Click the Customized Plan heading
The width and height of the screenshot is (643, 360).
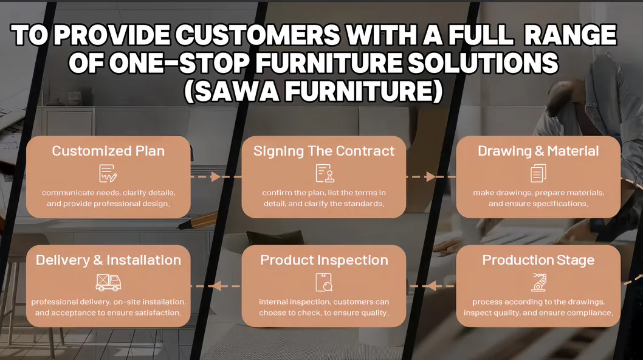point(108,151)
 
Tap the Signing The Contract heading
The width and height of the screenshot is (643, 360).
point(324,151)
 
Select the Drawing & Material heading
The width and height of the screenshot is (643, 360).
point(538,151)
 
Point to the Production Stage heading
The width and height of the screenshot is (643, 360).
point(538,260)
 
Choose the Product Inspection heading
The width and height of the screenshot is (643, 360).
point(324,260)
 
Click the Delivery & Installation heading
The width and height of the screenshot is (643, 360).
point(108,260)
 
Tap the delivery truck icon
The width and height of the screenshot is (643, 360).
point(108,282)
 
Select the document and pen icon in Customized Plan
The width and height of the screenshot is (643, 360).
point(108,173)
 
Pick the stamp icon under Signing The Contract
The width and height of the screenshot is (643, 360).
point(325,173)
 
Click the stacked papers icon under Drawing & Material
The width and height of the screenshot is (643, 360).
point(538,173)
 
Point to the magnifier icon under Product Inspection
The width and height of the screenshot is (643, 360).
point(324,282)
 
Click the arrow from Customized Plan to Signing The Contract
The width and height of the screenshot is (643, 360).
point(216,177)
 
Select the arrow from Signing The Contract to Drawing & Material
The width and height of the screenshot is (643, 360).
point(431,177)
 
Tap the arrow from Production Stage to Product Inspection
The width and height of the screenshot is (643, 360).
point(431,286)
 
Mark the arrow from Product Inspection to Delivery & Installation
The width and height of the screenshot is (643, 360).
point(216,286)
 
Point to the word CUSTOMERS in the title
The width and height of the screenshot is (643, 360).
point(258,35)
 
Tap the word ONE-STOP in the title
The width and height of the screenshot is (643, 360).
point(179,63)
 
